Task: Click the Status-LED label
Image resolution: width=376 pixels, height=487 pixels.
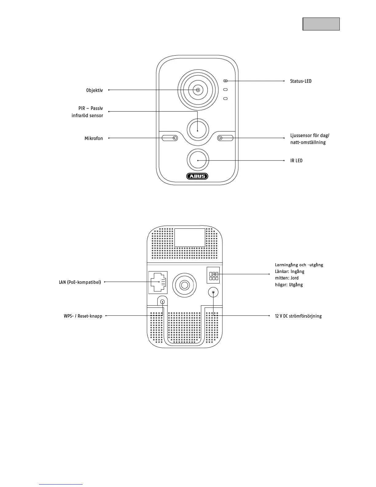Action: [x=301, y=81]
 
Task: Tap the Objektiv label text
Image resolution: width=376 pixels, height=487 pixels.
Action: [x=94, y=90]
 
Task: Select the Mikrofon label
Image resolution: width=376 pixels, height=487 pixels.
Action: [x=94, y=138]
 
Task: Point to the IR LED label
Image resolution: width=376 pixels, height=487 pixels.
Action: [x=296, y=160]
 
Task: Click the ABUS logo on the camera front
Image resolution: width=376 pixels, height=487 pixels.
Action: [x=197, y=176]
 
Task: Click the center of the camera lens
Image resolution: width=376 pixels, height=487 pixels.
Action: [x=198, y=90]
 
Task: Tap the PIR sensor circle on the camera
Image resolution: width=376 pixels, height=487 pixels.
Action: [x=198, y=129]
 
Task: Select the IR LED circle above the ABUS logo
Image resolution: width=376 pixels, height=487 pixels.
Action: [x=198, y=160]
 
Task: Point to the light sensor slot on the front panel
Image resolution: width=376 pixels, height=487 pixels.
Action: [x=225, y=138]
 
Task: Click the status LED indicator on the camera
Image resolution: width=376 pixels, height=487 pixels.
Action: [x=225, y=81]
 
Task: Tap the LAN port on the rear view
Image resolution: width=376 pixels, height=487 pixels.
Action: [x=158, y=282]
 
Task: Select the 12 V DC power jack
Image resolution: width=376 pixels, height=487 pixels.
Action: [x=213, y=293]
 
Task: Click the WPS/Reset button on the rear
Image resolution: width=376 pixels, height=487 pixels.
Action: [x=162, y=302]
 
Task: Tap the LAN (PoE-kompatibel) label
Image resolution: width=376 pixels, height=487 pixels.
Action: [x=80, y=282]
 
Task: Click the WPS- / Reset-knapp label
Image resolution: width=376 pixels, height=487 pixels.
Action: [x=83, y=316]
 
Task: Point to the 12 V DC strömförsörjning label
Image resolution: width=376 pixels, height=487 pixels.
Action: [x=298, y=316]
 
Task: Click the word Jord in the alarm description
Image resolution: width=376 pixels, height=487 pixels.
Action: [x=294, y=278]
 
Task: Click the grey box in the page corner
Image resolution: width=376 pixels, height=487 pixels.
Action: [x=321, y=24]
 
